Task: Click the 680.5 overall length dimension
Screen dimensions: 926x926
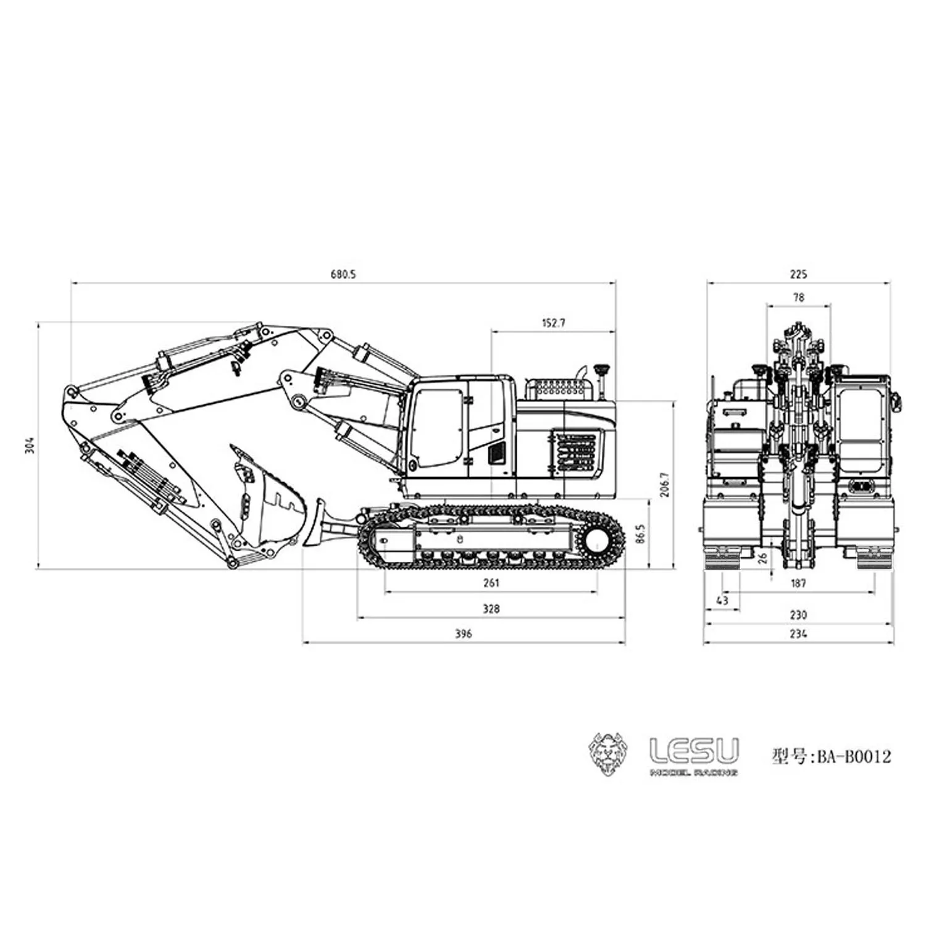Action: pos(343,274)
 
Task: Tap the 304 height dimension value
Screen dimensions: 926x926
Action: pos(30,445)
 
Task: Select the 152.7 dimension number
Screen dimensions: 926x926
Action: pos(553,322)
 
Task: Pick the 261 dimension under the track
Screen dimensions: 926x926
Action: pos(491,582)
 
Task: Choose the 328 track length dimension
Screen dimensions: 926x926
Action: pos(491,608)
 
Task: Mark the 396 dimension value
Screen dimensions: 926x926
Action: pos(463,633)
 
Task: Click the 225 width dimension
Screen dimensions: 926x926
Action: pos(798,274)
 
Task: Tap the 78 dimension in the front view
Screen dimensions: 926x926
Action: pos(798,297)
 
